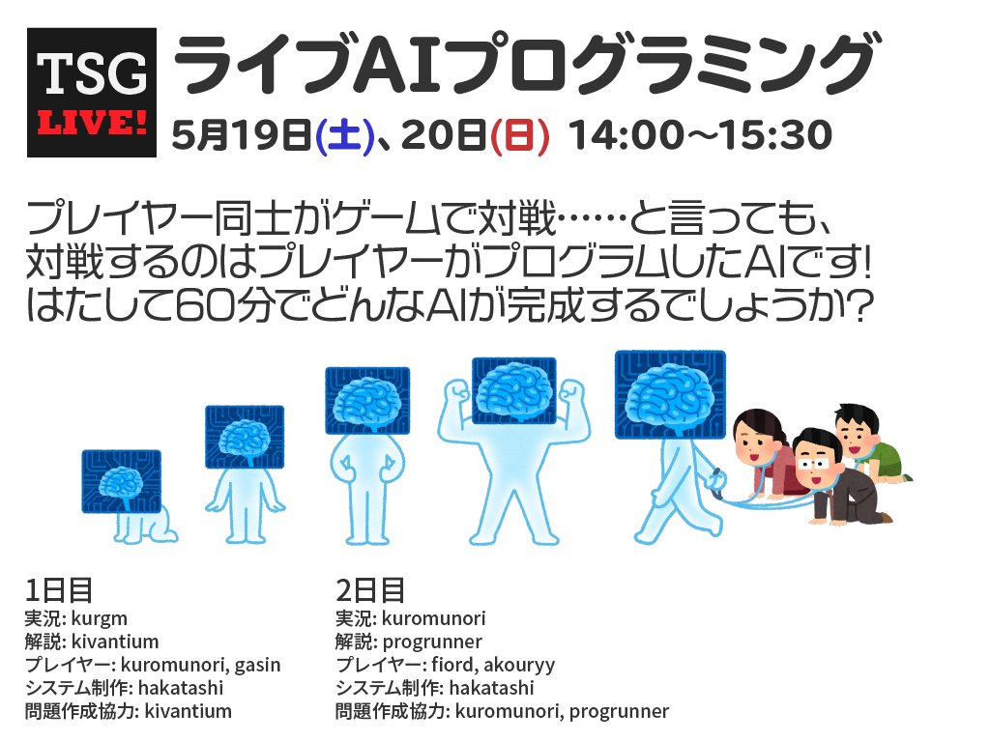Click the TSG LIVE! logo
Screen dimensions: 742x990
click(x=92, y=93)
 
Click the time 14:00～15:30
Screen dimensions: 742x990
click(x=701, y=136)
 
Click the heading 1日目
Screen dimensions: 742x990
click(x=59, y=589)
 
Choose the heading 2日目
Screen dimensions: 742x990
click(x=370, y=589)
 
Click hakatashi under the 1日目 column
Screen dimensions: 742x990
click(x=182, y=688)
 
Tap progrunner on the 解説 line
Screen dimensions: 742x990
click(x=432, y=642)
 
